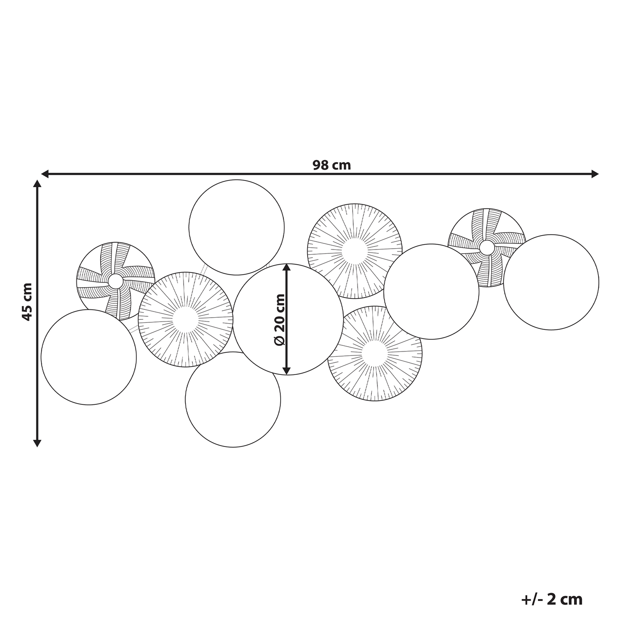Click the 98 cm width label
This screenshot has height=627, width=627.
[x=332, y=165]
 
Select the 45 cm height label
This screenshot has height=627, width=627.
[x=27, y=302]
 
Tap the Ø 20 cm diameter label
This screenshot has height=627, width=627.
[x=279, y=319]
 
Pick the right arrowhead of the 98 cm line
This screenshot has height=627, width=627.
[x=595, y=174]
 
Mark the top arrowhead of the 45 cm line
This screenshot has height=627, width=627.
[x=37, y=184]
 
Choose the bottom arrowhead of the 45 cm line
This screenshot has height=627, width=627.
[x=37, y=443]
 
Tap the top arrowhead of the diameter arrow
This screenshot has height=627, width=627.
[x=286, y=268]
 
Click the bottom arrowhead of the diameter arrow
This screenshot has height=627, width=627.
[x=286, y=371]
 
